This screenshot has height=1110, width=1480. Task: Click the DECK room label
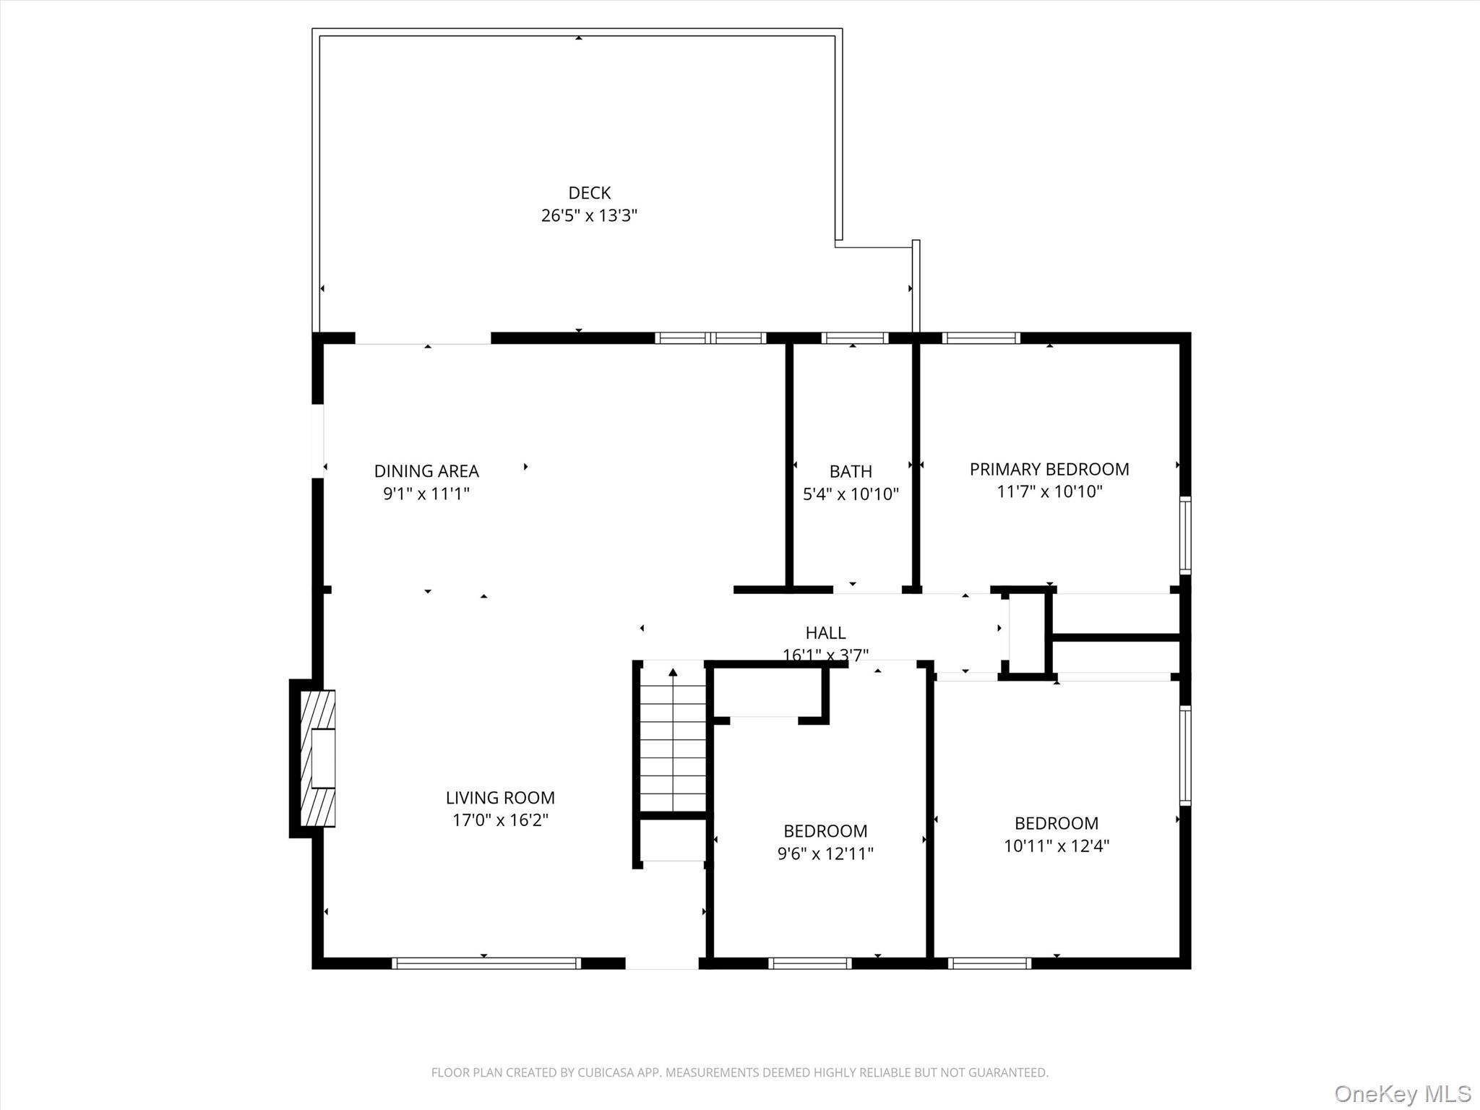(x=589, y=193)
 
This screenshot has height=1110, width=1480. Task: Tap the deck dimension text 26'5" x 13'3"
(x=589, y=215)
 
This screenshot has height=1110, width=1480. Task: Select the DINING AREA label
(x=426, y=471)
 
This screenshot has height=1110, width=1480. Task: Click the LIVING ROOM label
(x=500, y=798)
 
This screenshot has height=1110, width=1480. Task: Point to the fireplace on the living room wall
(x=317, y=758)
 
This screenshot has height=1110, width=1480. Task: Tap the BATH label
(x=851, y=472)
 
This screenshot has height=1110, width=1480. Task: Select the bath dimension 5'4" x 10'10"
(x=851, y=494)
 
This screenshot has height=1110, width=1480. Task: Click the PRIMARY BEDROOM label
(x=1049, y=469)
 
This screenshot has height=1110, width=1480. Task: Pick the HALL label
(x=825, y=633)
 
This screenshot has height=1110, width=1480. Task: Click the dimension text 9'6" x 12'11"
(x=825, y=853)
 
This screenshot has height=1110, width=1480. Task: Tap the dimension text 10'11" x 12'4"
(x=1057, y=846)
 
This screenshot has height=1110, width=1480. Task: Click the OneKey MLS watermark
(x=1402, y=1093)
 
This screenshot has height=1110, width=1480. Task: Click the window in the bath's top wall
(x=855, y=337)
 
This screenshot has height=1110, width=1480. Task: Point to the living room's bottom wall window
(x=486, y=963)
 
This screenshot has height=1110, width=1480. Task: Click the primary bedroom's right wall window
(x=1185, y=535)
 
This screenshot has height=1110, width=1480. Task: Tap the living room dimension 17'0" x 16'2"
(x=500, y=820)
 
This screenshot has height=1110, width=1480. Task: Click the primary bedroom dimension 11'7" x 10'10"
(x=1049, y=492)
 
